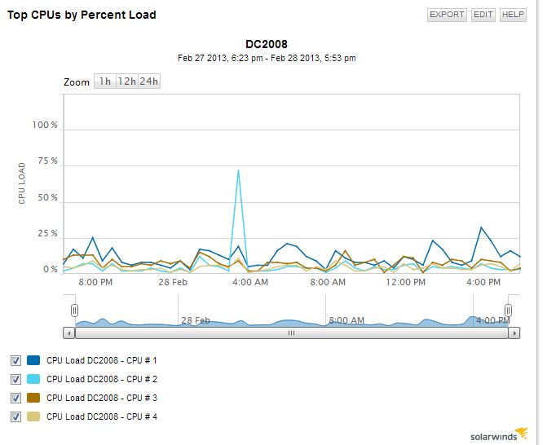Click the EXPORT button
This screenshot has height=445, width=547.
click(447, 15)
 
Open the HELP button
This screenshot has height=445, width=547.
click(513, 15)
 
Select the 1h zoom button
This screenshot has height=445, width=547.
click(104, 82)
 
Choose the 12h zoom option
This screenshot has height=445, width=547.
click(126, 82)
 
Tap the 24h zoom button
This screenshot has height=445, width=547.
click(148, 82)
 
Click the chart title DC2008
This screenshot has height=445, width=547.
click(267, 44)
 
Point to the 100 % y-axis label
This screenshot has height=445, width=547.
click(45, 126)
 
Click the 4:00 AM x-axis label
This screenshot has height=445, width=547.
click(250, 282)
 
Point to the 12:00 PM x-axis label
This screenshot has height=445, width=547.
click(406, 282)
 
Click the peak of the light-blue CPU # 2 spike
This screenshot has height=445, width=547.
click(238, 170)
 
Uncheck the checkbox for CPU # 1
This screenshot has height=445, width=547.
click(16, 360)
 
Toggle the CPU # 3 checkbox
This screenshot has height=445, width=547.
click(16, 398)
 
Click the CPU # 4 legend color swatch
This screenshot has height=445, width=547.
click(33, 416)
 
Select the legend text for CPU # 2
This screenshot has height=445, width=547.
click(102, 379)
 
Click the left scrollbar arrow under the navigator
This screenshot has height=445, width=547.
click(69, 333)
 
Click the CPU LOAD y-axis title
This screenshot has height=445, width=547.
click(23, 184)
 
